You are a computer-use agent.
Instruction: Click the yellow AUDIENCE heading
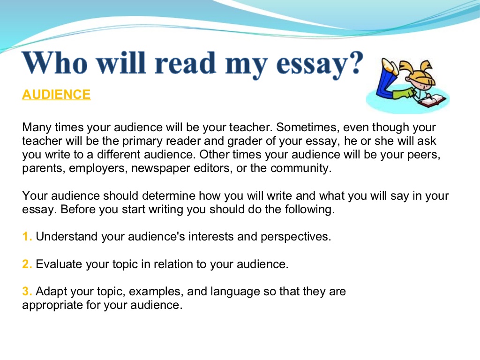[x=56, y=95]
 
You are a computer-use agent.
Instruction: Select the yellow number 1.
[x=26, y=237]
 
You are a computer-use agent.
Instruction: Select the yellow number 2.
[x=26, y=264]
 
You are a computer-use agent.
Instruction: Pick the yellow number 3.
[x=26, y=292]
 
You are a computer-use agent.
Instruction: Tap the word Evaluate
[x=59, y=264]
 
